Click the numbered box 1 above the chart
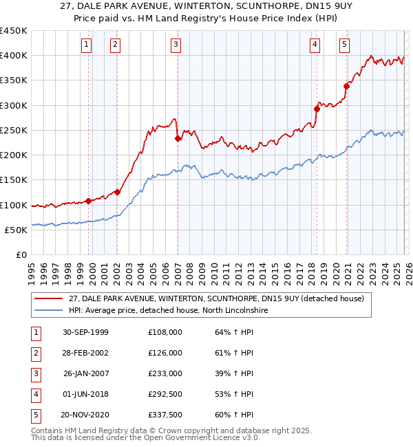coord(87,45)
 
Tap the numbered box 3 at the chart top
coord(176,45)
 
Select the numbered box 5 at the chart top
coord(344,45)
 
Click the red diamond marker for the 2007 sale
coord(178,138)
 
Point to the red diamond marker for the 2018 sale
coord(317,109)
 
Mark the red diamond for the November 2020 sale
coord(347,86)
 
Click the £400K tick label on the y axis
coord(14,56)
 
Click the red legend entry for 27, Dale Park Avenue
coord(220,298)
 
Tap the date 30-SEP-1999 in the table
coord(85,332)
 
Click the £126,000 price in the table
coord(165,353)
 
